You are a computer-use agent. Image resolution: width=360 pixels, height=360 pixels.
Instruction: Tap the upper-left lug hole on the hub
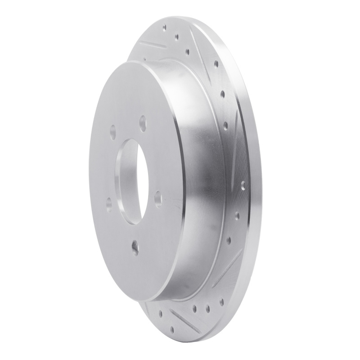(112, 132)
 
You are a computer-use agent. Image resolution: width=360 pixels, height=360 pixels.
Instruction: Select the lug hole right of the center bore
(158, 198)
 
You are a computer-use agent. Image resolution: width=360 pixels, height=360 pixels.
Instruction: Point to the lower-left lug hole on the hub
(108, 205)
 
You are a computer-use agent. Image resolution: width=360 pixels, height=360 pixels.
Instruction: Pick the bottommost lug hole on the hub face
(135, 247)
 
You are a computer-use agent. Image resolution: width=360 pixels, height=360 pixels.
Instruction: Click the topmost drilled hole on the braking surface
(165, 27)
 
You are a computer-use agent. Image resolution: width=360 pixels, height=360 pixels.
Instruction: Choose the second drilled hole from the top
(176, 37)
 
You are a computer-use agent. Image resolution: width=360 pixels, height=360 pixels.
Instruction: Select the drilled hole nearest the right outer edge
(243, 184)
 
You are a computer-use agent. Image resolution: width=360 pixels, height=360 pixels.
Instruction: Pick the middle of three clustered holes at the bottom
(198, 309)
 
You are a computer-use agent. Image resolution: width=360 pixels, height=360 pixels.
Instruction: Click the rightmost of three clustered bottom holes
(208, 309)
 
